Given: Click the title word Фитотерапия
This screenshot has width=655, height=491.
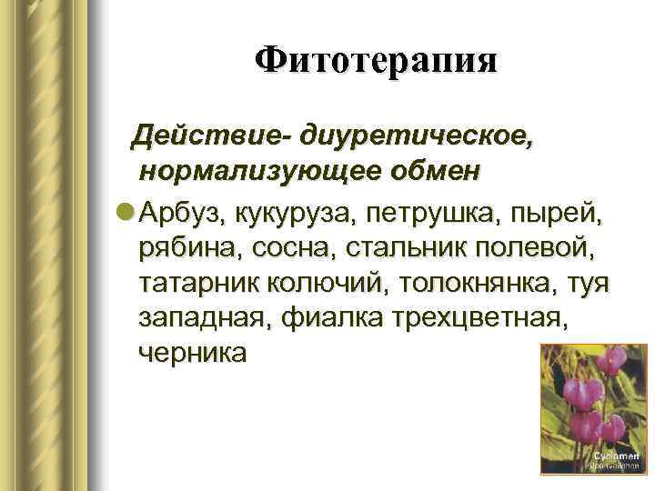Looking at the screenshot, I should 376,62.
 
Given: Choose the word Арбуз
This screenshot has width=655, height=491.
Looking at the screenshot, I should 183,214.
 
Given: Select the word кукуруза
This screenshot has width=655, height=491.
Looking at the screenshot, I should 292,214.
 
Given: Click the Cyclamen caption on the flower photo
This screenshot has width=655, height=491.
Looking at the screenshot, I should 616,455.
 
